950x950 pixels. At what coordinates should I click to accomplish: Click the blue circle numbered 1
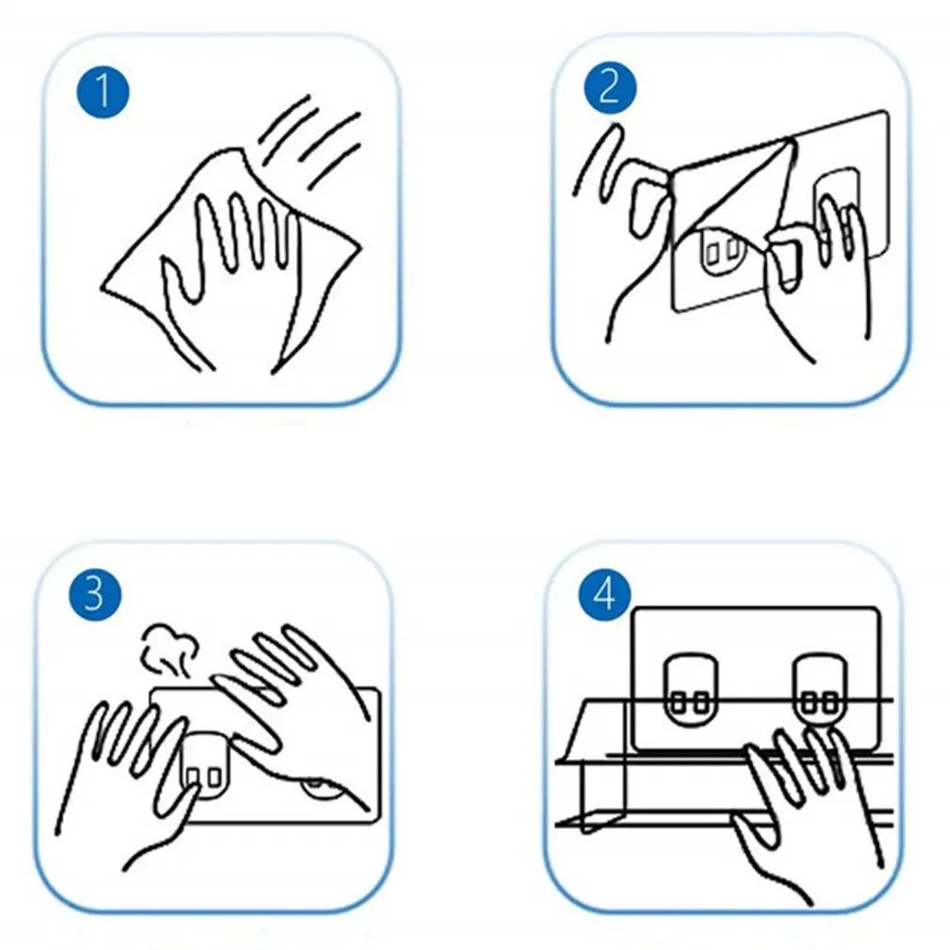point(103,92)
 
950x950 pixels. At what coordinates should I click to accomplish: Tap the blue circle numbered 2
point(610,87)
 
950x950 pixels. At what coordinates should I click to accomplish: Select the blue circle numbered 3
point(94,594)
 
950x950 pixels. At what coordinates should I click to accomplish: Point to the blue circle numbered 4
point(605,594)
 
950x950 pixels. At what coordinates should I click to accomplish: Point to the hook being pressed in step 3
point(204,766)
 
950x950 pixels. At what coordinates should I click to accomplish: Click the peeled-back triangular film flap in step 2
point(736,194)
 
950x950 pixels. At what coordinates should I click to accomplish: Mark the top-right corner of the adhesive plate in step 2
point(886,113)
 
